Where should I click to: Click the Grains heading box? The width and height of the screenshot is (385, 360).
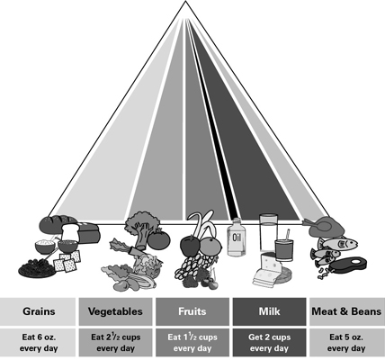point(38,311)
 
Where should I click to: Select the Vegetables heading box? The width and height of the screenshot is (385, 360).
point(115,311)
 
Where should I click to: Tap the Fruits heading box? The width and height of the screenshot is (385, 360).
point(192,311)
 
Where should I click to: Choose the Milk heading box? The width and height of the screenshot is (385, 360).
point(269,311)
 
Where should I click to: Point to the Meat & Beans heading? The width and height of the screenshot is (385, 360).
point(347,311)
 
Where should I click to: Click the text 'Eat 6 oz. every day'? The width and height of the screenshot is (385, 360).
point(39,343)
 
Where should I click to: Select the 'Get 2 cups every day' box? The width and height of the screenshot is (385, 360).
point(269,343)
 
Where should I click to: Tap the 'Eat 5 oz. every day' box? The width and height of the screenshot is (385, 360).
point(347,343)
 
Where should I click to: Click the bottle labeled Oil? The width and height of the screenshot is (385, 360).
point(237,238)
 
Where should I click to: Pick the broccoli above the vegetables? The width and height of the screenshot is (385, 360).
point(140,228)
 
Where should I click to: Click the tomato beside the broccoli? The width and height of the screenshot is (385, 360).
point(159,238)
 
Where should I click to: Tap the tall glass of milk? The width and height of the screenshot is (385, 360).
point(268,232)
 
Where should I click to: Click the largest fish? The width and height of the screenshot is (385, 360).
point(338,243)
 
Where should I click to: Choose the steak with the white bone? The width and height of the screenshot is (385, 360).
point(350,265)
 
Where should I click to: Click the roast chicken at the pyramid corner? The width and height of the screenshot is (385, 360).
point(324,227)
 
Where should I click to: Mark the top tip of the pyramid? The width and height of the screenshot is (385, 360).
point(185,1)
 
